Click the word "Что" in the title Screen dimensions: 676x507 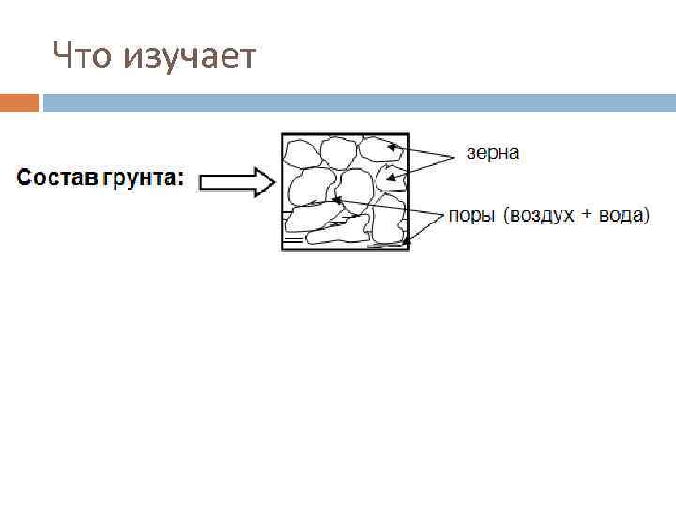pos(80,56)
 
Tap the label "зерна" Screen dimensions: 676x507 pos(493,152)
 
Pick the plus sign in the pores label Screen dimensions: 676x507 pos(587,215)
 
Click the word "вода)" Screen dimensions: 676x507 pos(622,215)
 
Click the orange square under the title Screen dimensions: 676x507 pos(20,101)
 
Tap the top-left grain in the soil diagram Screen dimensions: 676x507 pos(301,152)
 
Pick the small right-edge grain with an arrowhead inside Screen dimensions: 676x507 pos(392,177)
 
